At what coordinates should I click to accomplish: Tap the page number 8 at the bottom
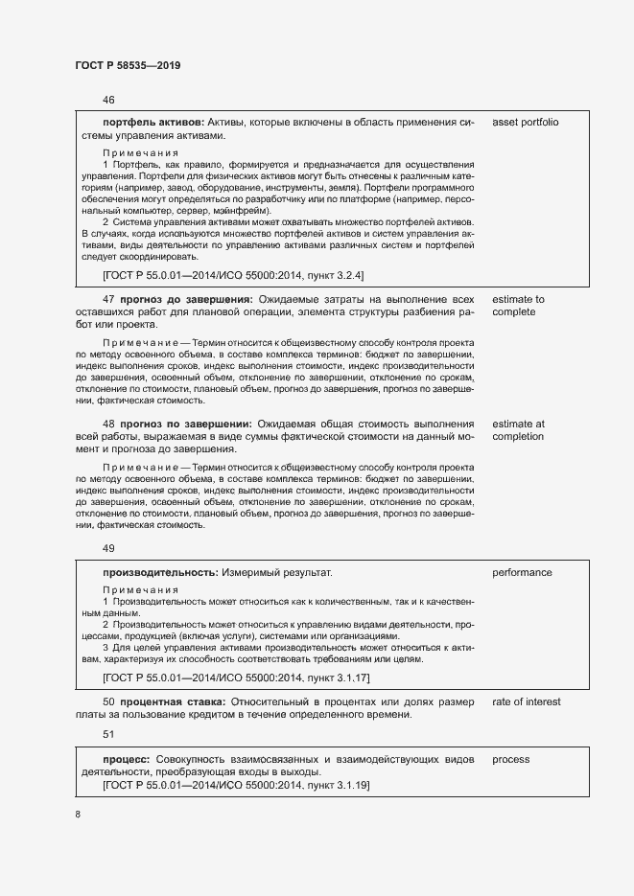[x=78, y=814]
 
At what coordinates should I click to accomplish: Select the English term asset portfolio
[x=525, y=123]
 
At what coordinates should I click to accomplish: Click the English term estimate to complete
[x=518, y=306]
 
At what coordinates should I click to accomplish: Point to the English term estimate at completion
[x=518, y=430]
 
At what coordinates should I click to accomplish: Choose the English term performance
[x=522, y=573]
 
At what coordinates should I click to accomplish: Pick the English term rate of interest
[x=526, y=702]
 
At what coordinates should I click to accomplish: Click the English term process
[x=511, y=760]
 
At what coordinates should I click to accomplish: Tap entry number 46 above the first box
[x=108, y=100]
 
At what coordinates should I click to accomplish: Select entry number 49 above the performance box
[x=108, y=549]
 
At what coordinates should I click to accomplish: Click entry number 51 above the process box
[x=108, y=734]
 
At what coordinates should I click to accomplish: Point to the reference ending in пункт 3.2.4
[x=233, y=276]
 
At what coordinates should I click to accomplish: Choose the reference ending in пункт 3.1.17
[x=236, y=678]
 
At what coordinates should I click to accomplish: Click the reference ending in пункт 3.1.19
[x=236, y=786]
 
